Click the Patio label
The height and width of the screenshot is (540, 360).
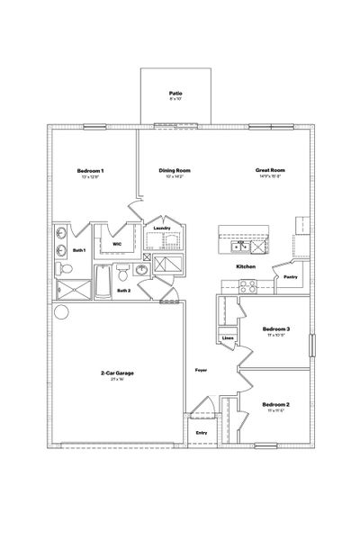175,93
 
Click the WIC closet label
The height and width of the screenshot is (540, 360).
116,244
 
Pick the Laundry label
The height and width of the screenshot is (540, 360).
162,229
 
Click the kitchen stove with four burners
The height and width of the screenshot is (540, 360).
247,287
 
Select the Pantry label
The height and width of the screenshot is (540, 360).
290,277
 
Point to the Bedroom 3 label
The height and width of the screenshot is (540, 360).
275,329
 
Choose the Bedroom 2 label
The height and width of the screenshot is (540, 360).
275,405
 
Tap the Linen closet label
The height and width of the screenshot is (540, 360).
229,338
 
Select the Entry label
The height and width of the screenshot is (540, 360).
202,434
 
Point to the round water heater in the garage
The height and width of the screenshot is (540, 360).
61,313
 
